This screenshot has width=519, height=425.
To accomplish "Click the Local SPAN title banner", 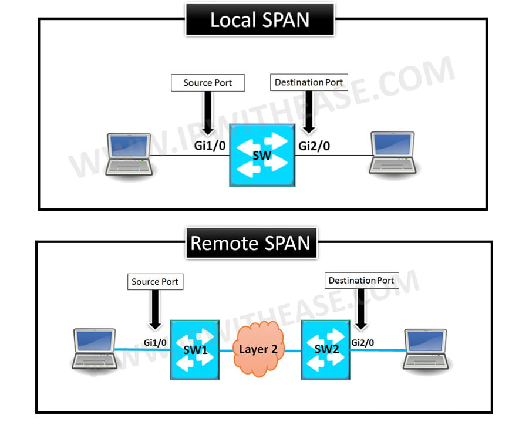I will coord(259,19).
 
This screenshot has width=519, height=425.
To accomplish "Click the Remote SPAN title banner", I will coord(251,243).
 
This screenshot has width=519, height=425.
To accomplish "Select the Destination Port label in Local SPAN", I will coord(309,82).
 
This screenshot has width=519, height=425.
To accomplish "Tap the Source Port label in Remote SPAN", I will coord(154,282).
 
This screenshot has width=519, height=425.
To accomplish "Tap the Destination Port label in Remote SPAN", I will coord(360,281).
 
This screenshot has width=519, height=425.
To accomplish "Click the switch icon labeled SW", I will coord(261,155).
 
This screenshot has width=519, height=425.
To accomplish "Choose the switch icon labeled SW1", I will coord(194,350).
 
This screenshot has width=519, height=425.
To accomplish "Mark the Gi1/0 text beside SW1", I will coord(155,342).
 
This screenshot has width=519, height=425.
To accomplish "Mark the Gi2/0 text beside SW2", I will coord(362,342).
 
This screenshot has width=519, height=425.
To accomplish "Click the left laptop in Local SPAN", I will coord(129,154).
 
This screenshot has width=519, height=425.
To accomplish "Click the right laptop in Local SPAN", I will coord(392,153).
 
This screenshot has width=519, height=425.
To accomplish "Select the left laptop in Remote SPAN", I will coord(94,349).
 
